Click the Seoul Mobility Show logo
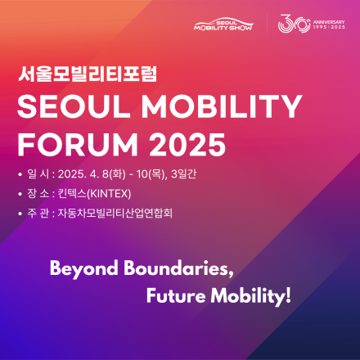[223, 25]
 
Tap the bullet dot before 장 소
[20, 193]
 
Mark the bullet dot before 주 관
[20, 214]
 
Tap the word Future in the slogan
[173, 295]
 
